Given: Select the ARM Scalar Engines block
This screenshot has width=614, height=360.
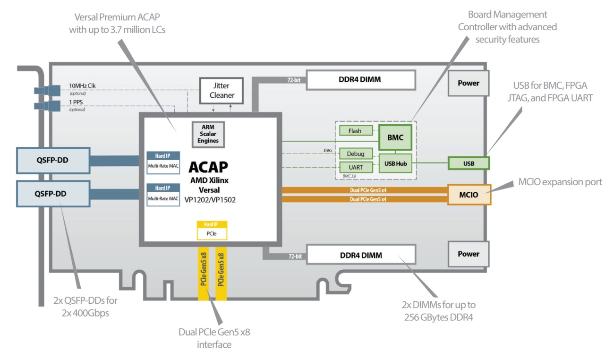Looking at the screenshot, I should coord(208,134).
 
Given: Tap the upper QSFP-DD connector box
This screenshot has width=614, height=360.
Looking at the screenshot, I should coord(52,160).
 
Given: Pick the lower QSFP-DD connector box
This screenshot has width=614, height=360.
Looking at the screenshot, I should coord(52,193).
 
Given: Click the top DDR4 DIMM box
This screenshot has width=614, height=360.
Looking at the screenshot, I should coord(360,80).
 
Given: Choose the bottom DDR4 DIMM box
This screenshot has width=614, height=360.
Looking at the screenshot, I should coord(360,255).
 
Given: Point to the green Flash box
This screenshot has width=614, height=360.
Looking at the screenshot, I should coord(356,131).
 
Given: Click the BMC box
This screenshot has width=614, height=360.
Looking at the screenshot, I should coord(396,137).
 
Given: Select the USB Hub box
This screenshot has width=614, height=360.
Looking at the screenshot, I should coord(396,163).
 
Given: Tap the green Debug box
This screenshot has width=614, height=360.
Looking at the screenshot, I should coord(356,154).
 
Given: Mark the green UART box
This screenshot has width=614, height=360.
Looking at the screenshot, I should coord(356,167).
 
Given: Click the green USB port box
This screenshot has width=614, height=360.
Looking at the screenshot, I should coord(469,163).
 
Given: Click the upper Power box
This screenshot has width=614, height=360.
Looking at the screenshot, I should coord(468,83).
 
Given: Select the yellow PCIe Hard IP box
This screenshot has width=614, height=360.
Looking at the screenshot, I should coord(212,230).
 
